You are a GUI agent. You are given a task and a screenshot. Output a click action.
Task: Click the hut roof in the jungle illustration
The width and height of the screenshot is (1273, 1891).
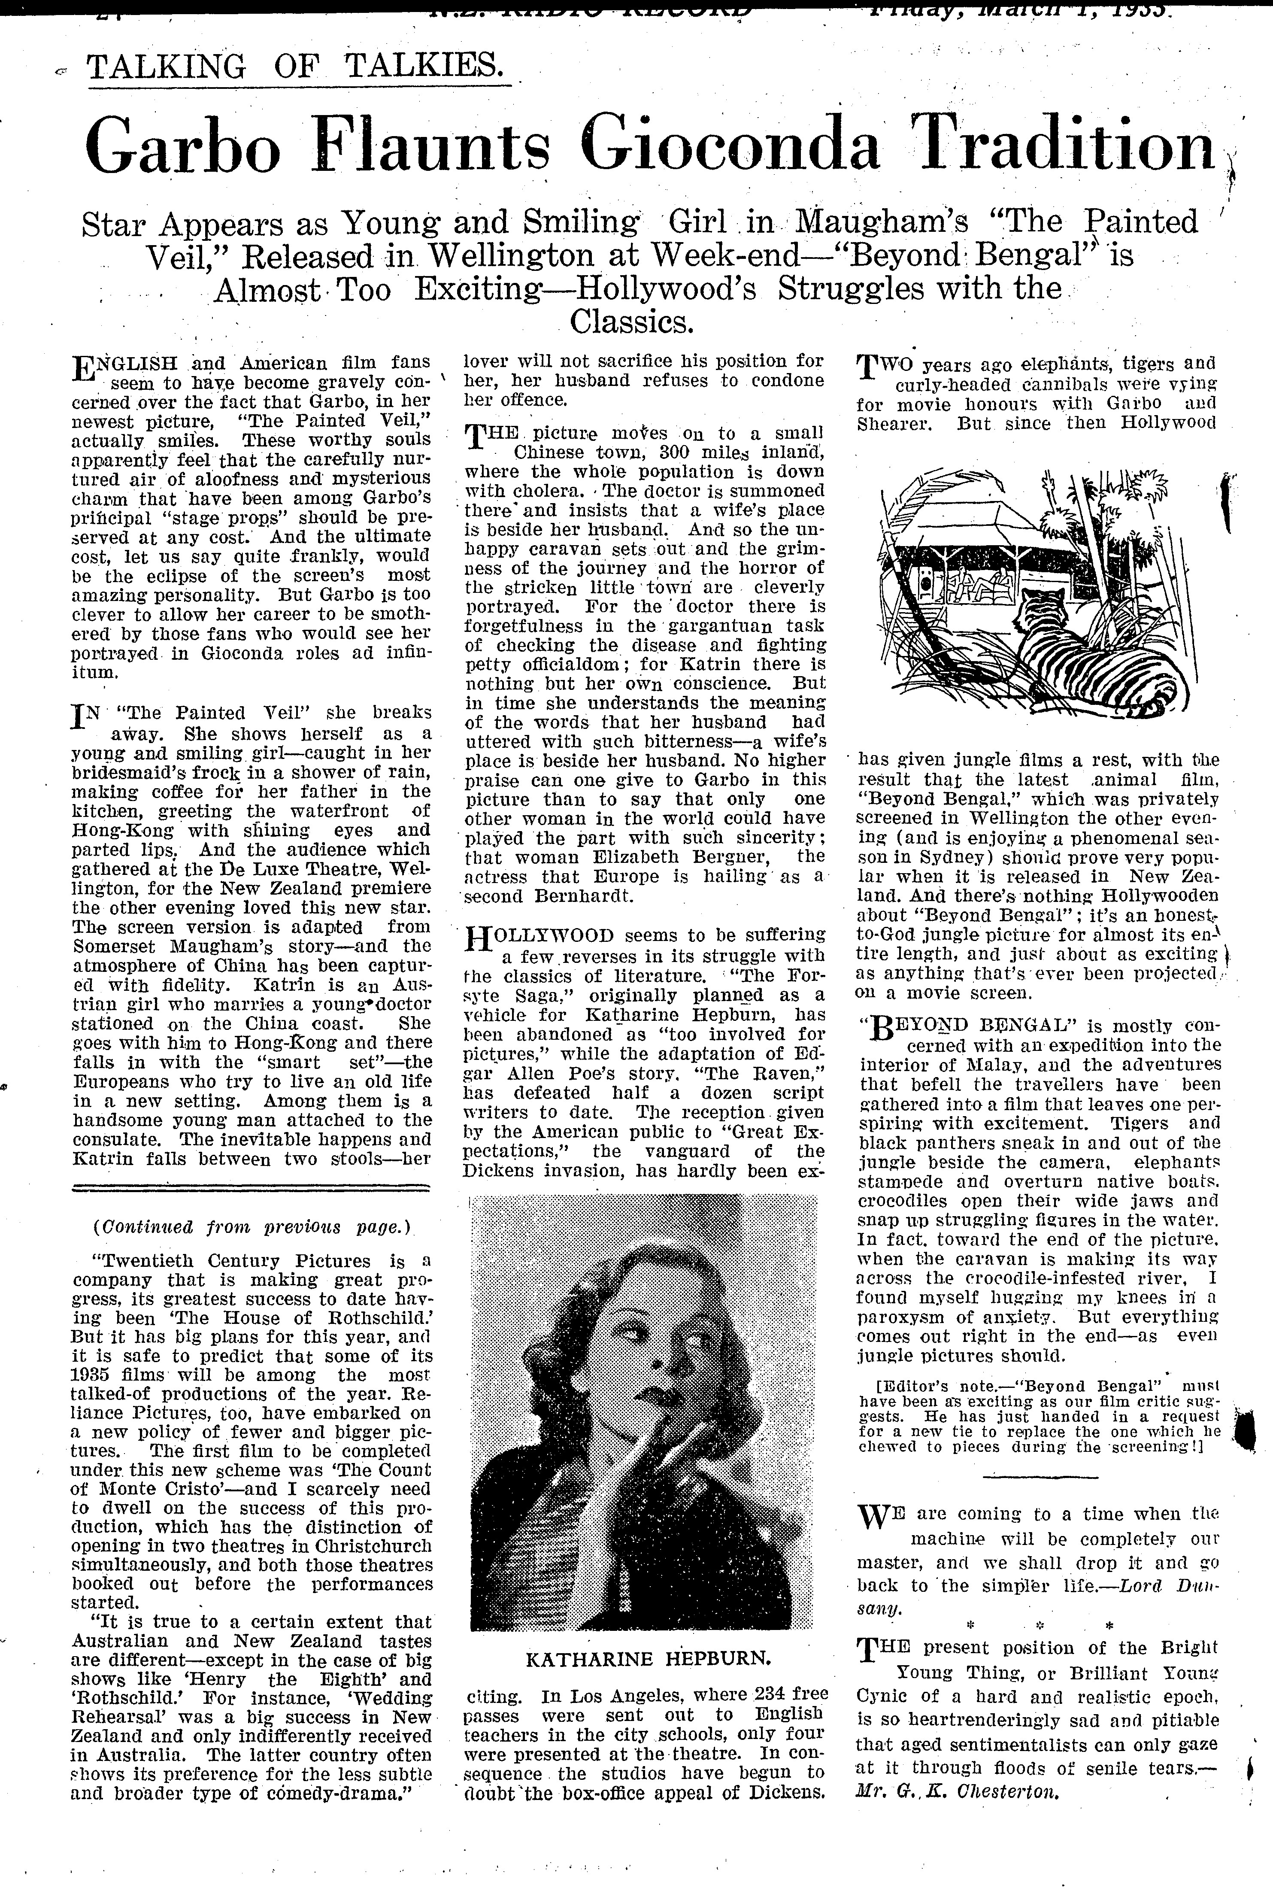[x=966, y=524]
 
